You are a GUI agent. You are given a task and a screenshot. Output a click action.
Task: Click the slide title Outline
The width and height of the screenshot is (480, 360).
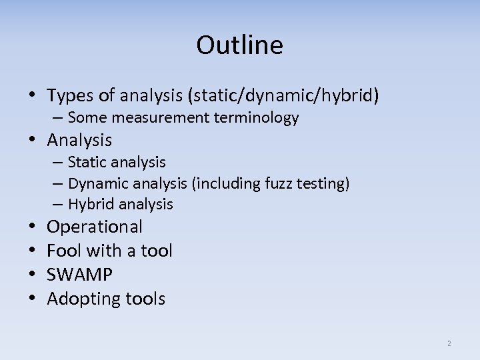[239, 45]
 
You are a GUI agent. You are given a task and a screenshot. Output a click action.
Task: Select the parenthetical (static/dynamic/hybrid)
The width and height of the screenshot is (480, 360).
[284, 96]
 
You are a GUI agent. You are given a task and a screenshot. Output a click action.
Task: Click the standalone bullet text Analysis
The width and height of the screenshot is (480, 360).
[79, 140]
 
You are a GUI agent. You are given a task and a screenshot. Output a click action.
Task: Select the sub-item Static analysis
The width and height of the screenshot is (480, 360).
[117, 162]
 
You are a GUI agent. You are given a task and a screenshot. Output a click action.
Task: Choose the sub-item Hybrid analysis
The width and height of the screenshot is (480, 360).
[120, 205]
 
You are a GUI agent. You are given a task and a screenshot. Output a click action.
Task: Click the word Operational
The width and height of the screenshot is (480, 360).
[95, 227]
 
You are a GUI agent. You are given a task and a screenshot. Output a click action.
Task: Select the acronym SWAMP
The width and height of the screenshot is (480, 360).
[79, 275]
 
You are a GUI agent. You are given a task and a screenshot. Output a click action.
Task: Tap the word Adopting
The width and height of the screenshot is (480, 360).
[83, 299]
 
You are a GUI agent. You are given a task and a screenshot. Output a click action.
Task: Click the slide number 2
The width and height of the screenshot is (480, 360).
[449, 343]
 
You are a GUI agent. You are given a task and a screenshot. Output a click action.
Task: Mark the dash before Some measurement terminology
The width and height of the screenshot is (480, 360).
[58, 118]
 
